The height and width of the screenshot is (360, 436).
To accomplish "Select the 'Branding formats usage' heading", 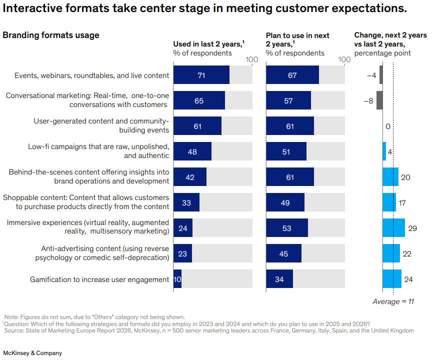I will [51, 35].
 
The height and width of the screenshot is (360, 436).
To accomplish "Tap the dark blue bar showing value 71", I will [201, 75].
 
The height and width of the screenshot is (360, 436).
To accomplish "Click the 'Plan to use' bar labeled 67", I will [292, 75].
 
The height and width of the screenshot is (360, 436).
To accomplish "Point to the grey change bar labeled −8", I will [379, 100].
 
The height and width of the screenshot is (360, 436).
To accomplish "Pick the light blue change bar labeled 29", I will [393, 228].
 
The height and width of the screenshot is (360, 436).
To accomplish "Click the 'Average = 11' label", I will [393, 301].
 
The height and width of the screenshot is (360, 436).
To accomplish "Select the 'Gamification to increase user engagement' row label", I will [99, 279].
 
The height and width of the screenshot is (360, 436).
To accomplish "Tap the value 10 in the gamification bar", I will [177, 279].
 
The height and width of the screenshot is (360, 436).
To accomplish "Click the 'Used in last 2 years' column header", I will [208, 44].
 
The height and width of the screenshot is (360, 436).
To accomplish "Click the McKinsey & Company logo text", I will [32, 353].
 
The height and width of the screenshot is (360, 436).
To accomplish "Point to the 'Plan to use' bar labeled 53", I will [286, 228].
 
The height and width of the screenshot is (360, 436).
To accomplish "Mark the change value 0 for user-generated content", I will [388, 126].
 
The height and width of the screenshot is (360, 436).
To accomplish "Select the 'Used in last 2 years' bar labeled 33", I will [186, 203].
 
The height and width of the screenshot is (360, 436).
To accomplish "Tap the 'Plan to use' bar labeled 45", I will [283, 253].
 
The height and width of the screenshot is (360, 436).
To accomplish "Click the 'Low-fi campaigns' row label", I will [98, 151].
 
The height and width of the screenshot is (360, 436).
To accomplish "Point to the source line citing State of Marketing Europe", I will [209, 330].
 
